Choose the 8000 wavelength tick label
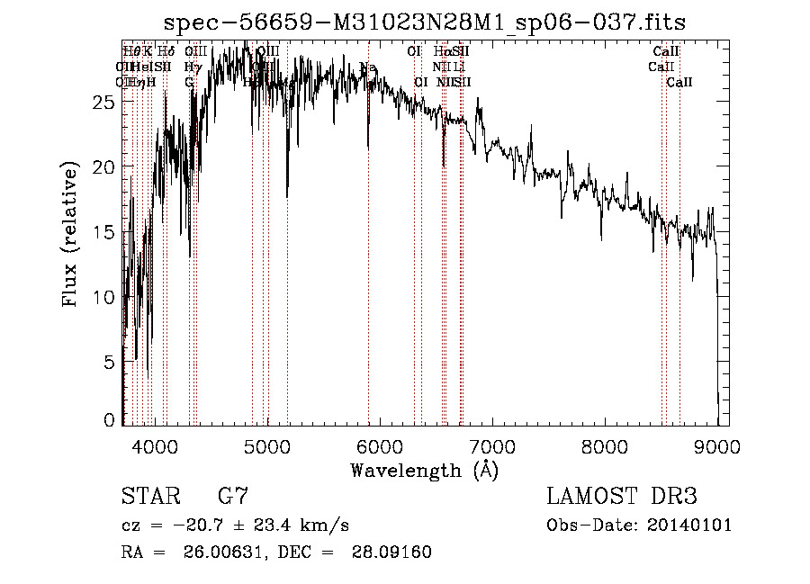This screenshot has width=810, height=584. (x=604, y=445)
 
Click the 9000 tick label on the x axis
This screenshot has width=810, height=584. (x=716, y=445)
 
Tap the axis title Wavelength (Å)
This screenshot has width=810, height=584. (x=424, y=470)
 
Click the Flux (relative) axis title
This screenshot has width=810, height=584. (x=70, y=233)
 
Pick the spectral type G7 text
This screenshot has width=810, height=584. (x=233, y=496)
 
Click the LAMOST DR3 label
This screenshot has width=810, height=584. (x=622, y=496)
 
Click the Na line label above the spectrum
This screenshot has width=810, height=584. (x=367, y=68)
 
